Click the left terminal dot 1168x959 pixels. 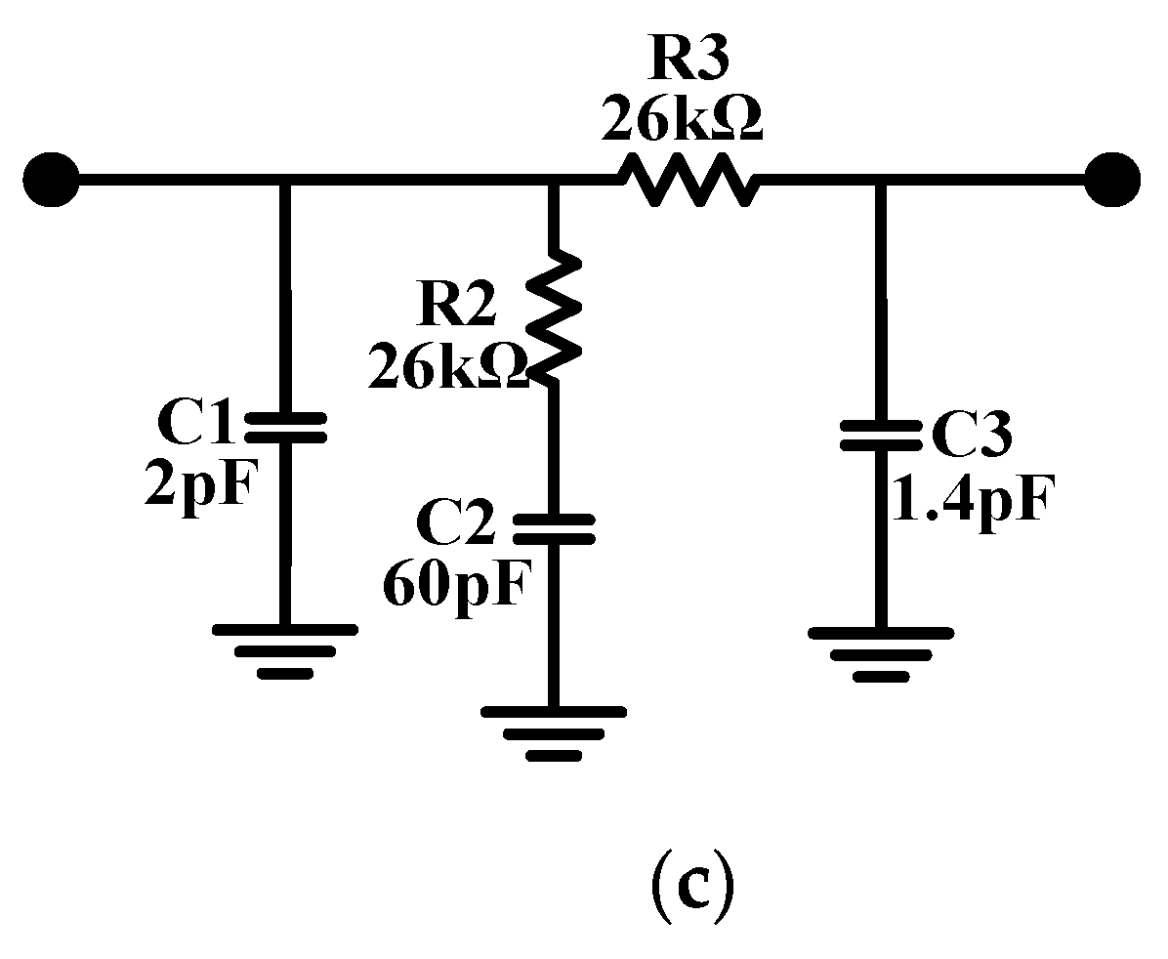(x=50, y=180)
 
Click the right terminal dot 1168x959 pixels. (x=1112, y=180)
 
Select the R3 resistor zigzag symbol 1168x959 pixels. (x=686, y=180)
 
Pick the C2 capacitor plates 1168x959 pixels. (x=553, y=528)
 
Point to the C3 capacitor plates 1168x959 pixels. (x=881, y=435)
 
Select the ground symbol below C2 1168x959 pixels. (x=553, y=732)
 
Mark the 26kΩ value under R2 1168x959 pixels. (x=448, y=367)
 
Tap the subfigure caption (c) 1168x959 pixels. (x=690, y=885)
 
